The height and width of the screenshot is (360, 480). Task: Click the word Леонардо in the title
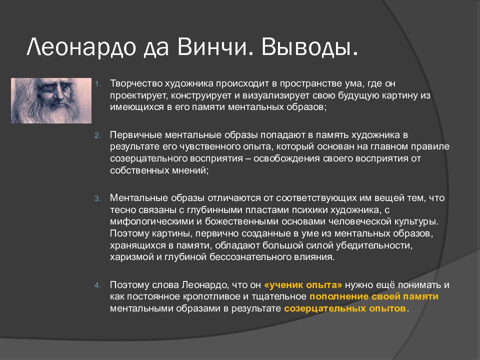click(81, 47)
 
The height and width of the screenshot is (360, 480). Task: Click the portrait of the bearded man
click(51, 100)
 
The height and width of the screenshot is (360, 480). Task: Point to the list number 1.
click(97, 84)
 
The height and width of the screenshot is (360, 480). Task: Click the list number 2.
click(97, 135)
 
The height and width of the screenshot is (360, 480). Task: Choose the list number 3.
click(97, 198)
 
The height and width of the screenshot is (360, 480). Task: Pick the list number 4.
click(97, 285)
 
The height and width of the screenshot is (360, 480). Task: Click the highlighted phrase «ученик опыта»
click(303, 285)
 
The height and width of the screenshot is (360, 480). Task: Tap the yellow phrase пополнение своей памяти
click(374, 296)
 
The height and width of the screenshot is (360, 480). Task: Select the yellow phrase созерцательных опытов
click(345, 308)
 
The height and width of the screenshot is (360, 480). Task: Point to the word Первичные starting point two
click(136, 135)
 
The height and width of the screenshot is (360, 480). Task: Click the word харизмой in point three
click(132, 257)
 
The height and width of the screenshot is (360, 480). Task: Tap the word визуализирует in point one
click(276, 95)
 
